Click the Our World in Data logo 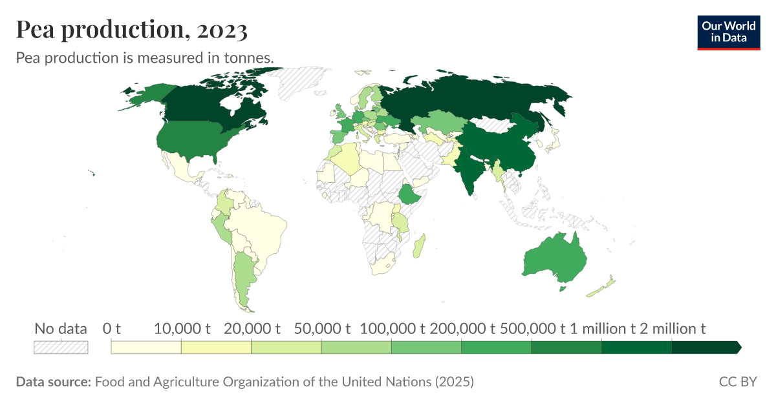[x=729, y=32]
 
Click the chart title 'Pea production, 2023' [x=131, y=30]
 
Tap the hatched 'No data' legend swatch [x=61, y=348]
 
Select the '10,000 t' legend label [x=182, y=329]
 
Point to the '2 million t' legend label [x=672, y=329]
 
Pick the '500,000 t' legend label [x=532, y=329]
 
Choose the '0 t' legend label [x=112, y=329]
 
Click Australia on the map [x=555, y=258]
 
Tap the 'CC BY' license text [x=737, y=382]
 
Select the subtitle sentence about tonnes [x=145, y=57]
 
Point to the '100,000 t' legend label [x=391, y=329]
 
